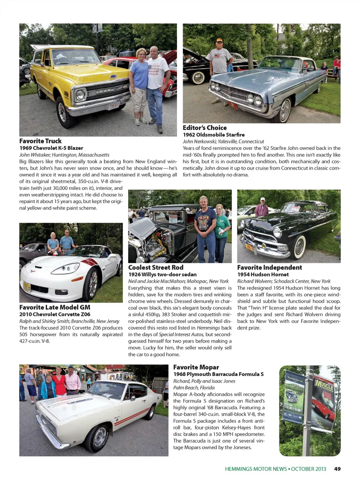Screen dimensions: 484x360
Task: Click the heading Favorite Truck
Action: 40,141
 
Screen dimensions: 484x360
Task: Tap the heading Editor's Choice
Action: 205,128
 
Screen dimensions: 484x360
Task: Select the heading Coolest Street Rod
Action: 156,267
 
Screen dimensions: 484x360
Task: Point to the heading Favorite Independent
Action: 269,267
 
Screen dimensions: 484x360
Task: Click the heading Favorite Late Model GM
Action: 55,307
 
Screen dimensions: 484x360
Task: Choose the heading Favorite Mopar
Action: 196,367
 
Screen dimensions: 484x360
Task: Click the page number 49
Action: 337,469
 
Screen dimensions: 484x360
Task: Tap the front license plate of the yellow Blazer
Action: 114,106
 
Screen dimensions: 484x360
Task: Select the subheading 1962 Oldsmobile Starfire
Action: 213,135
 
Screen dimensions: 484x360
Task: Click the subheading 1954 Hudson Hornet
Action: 263,274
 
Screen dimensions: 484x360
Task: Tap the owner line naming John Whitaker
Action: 64,155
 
